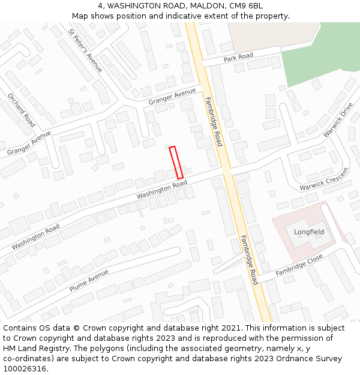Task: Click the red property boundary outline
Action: pos(176,162)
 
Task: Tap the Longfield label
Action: pos(309,232)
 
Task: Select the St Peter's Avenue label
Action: pos(85,50)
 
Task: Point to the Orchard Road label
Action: pos(22,110)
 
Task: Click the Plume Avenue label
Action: pos(89,280)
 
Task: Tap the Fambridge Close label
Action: pos(299,265)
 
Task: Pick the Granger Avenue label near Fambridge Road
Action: pos(172,96)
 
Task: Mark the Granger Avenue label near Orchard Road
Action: pos(29,143)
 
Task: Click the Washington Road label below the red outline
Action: pos(162,190)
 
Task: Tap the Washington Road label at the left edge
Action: pos(35,236)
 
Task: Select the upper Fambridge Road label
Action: pos(214,122)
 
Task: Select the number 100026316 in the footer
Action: pos(24,368)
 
